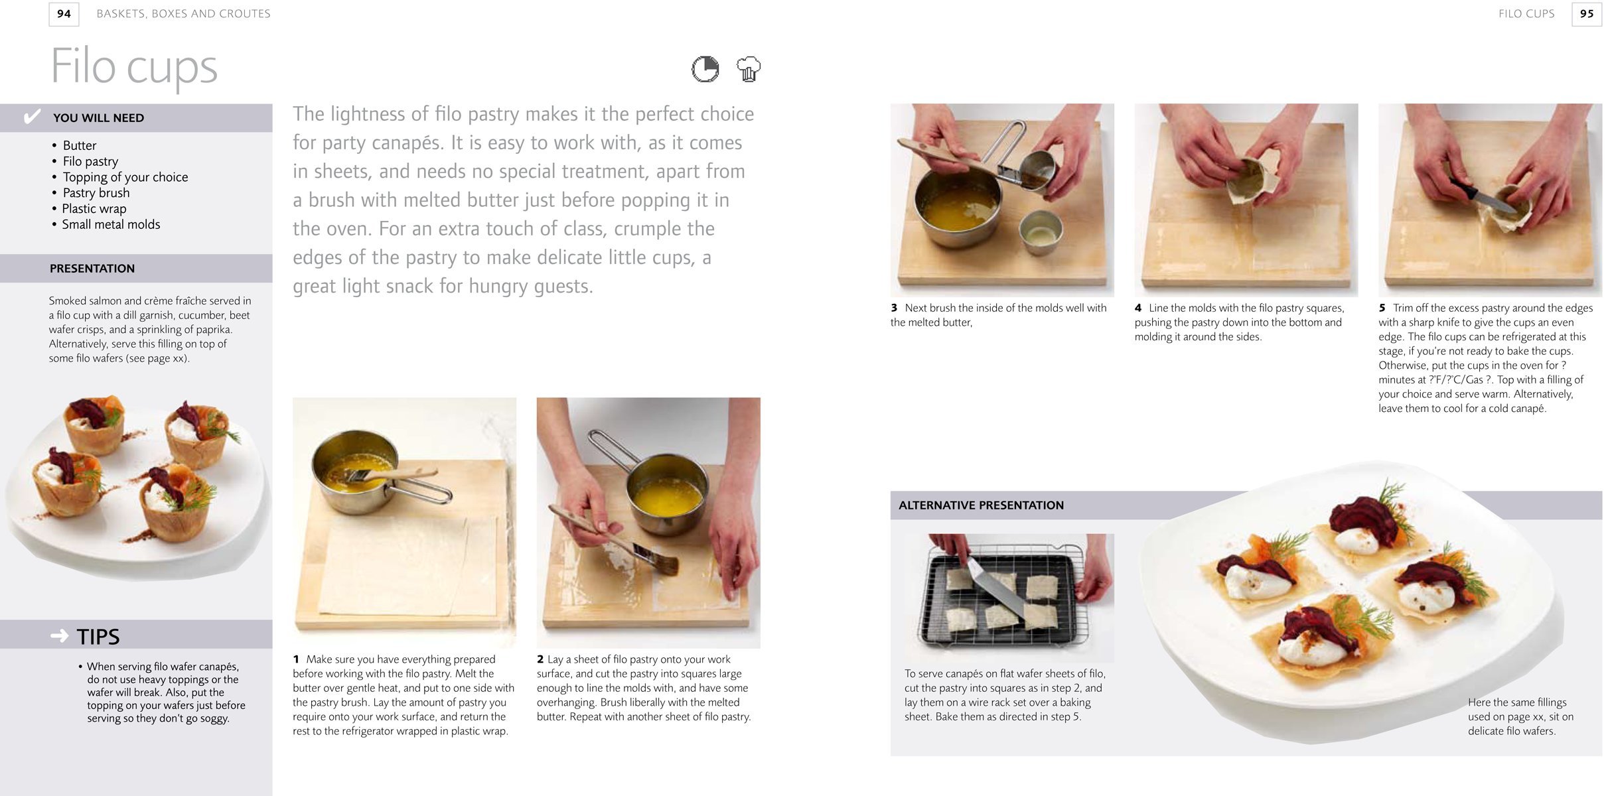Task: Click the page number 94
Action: [64, 14]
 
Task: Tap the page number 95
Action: [1587, 14]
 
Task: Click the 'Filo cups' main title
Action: [134, 67]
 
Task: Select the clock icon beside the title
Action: [705, 69]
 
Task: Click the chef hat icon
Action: [749, 69]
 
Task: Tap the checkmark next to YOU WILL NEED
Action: [32, 117]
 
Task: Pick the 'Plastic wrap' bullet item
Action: [94, 208]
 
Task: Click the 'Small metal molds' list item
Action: [111, 224]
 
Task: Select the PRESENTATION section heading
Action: [92, 269]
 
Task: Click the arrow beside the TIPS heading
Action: [60, 636]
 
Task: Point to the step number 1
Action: [296, 659]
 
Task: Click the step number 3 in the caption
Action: [894, 308]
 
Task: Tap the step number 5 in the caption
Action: [1382, 308]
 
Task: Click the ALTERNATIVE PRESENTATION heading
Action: [981, 505]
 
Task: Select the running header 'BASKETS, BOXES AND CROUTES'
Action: [183, 14]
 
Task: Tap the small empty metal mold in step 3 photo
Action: [1041, 232]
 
